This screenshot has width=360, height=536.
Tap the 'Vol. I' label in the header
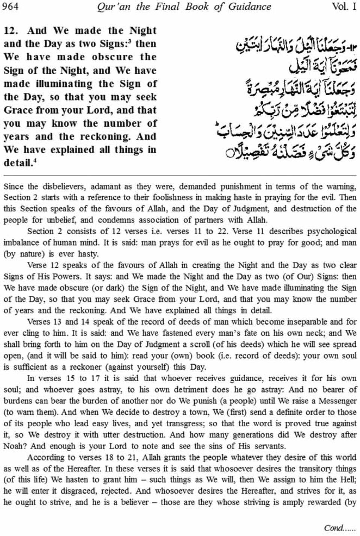(344, 6)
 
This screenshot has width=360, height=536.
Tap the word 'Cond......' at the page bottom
(339, 528)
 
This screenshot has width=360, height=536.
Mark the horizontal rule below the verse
(180, 175)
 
